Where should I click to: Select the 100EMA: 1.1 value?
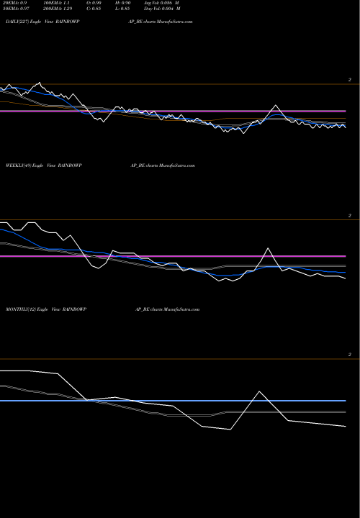click(x=58, y=4)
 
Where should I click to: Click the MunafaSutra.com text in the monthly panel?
click(x=181, y=309)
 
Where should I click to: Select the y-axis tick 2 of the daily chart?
click(x=349, y=80)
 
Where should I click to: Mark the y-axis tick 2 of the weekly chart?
click(x=349, y=215)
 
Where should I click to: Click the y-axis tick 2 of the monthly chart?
click(x=349, y=355)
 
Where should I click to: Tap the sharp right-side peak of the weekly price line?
click(x=269, y=248)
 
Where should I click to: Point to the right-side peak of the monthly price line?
click(x=258, y=392)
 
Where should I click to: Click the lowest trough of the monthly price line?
click(x=230, y=430)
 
